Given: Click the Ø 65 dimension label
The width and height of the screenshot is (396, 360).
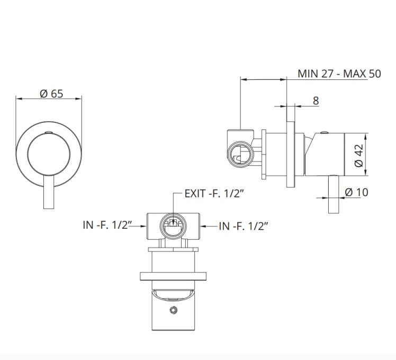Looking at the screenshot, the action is (51, 94).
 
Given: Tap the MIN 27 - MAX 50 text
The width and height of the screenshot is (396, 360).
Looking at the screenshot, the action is (339, 74).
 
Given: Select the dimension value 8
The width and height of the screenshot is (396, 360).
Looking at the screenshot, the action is (316, 101).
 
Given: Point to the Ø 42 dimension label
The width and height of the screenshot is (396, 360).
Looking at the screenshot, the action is (359, 155).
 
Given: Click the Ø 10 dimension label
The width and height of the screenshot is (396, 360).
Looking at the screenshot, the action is (356, 192).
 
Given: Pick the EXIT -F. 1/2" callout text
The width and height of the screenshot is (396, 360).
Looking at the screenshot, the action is (214, 194).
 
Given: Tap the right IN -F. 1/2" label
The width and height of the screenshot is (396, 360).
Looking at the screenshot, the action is (243, 226).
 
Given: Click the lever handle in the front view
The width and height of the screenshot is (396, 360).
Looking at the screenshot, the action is (49, 192).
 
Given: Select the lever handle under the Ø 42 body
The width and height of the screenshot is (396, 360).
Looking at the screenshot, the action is (334, 194).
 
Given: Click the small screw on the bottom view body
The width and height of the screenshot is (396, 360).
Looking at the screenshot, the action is (173, 310).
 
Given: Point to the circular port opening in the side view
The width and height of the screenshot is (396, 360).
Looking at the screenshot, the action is (240, 154).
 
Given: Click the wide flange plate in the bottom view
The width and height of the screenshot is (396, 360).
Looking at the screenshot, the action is (173, 276).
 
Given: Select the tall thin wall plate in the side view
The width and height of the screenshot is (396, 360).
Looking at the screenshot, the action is (291, 155).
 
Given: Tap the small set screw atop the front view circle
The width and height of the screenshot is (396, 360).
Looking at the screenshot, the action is (49, 132).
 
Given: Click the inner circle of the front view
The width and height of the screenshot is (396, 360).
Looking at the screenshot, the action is (49, 154).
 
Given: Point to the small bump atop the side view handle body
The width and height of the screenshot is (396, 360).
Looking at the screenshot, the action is (325, 132).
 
